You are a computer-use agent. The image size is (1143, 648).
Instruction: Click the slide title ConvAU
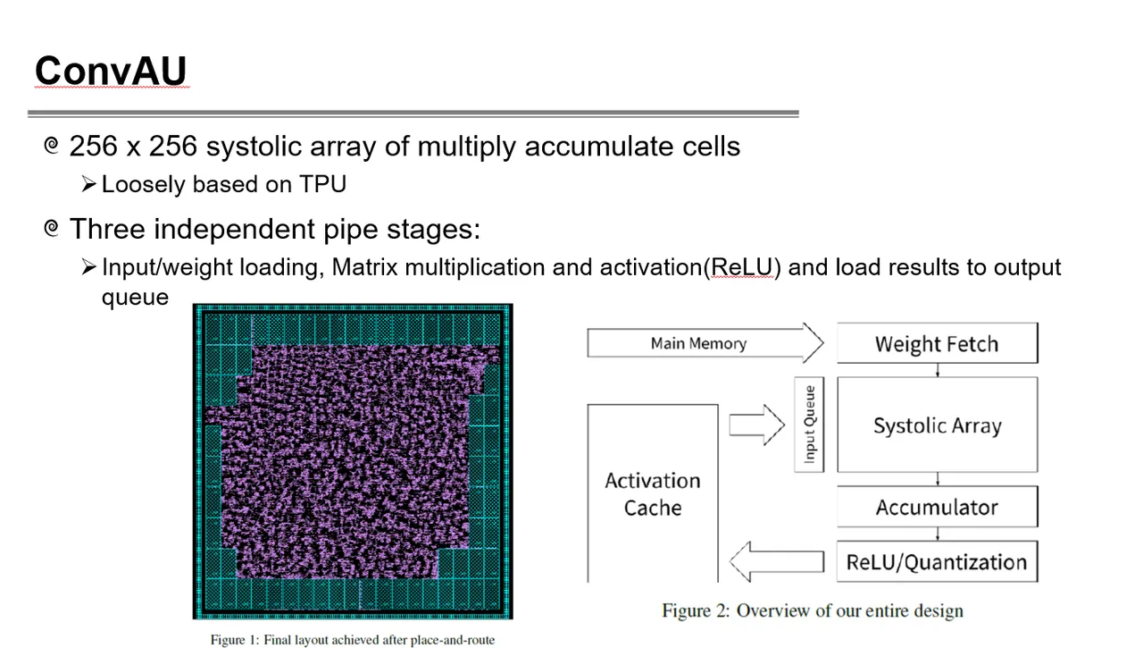pos(111,71)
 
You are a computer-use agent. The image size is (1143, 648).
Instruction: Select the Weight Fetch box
pos(938,343)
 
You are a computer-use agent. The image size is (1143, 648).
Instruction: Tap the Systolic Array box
pos(938,425)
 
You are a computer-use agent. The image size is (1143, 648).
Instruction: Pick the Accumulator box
pos(938,507)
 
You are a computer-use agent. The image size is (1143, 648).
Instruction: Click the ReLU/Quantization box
pos(938,561)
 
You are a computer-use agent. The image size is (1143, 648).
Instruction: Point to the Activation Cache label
pos(653,494)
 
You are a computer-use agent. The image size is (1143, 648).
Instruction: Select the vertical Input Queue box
pos(809,425)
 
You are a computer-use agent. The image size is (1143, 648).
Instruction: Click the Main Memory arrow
pos(705,343)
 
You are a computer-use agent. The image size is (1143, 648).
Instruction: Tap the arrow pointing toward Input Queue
pos(756,425)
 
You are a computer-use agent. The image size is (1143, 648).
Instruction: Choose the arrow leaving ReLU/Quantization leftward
pos(777,561)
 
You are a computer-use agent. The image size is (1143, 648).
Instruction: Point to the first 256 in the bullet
pos(93,146)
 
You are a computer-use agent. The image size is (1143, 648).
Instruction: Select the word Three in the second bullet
pos(107,228)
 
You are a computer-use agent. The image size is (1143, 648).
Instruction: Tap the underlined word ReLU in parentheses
pos(742,267)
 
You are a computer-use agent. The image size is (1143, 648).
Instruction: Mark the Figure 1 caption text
pos(353,640)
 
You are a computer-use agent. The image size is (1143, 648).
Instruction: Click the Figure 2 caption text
pos(813,610)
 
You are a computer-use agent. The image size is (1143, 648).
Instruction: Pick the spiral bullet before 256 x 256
pos(52,145)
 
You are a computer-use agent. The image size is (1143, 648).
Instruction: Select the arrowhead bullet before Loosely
pos(88,184)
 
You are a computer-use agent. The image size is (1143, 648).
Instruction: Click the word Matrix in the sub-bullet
pos(364,267)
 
